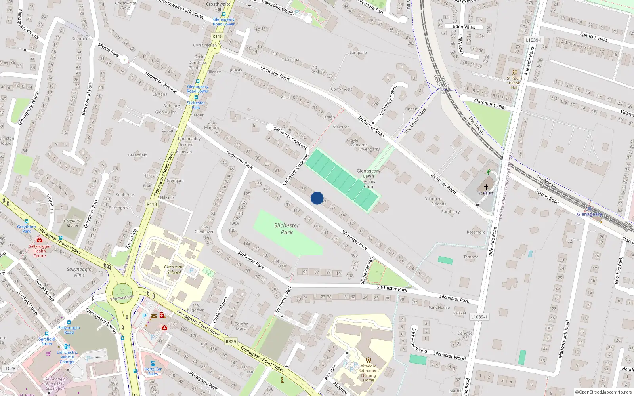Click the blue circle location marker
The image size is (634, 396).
(317, 198)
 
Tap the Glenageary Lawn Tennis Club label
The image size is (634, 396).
(369, 179)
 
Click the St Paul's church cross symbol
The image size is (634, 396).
(486, 187)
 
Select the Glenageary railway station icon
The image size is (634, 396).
(589, 208)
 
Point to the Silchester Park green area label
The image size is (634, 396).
(286, 229)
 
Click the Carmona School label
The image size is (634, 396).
(174, 270)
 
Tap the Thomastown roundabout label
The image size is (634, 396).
(122, 297)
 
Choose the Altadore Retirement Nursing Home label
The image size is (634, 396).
(369, 373)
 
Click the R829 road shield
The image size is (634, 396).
(231, 341)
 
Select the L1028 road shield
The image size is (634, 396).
(9, 369)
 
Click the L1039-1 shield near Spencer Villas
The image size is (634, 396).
(534, 40)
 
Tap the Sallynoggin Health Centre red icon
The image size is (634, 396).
(39, 240)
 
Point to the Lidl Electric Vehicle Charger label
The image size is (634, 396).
(67, 357)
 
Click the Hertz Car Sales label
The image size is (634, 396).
(153, 371)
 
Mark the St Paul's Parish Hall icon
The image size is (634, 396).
(514, 73)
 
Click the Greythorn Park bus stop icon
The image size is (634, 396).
(27, 222)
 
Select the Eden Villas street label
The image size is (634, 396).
(464, 27)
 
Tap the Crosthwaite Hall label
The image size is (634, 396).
(218, 6)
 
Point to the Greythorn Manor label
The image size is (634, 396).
(73, 223)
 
